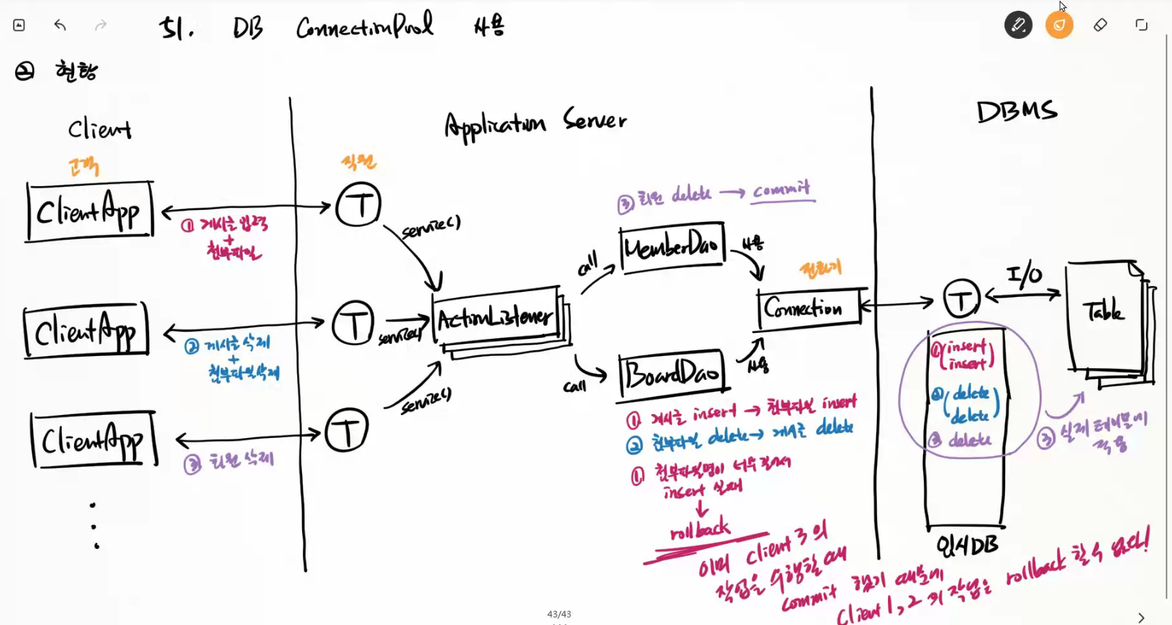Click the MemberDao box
tap(672, 248)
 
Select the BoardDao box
tap(671, 374)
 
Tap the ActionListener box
tap(496, 317)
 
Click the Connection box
tap(808, 308)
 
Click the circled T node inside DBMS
tap(961, 298)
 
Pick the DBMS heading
tap(1017, 111)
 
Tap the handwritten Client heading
tap(99, 129)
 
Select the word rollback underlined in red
tap(700, 530)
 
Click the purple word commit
tap(781, 190)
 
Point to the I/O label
tap(1025, 274)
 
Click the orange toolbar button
tap(1059, 25)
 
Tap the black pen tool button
tap(1018, 25)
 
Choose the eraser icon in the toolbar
tap(1100, 25)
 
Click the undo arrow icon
tap(60, 25)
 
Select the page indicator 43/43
tap(559, 613)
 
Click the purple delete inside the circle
tap(969, 439)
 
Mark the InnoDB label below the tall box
tap(967, 546)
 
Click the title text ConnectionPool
tap(365, 27)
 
